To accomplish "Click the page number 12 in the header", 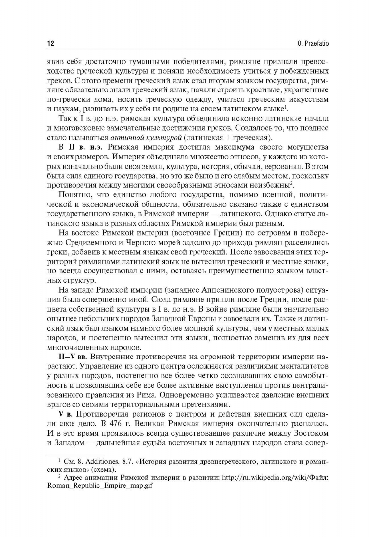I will click(50, 43).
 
